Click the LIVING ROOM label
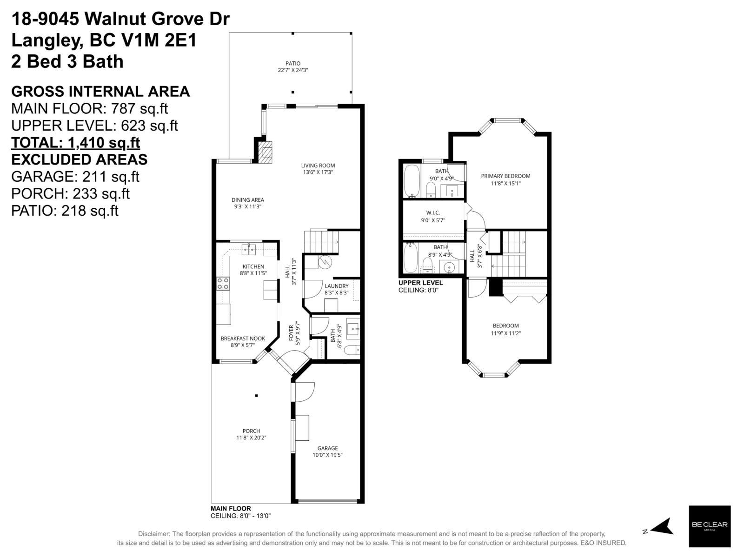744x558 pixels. (318, 166)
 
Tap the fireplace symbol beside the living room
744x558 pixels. (266, 152)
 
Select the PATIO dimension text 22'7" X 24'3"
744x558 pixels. (292, 70)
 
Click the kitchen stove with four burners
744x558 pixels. (223, 283)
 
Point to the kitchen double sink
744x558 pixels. (248, 250)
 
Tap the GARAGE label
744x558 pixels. (327, 448)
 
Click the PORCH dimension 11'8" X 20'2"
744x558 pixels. (251, 438)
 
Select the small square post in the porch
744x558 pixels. (256, 396)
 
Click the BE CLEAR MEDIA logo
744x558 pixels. (709, 526)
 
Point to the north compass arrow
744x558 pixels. (662, 527)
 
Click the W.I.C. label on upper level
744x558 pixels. (433, 213)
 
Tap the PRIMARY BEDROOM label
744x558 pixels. (505, 176)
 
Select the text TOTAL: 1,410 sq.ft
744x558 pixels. (75, 142)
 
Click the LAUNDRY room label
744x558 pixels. (336, 286)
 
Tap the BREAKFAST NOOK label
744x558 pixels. (243, 339)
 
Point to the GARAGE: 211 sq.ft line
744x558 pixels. (75, 177)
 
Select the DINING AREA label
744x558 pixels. (248, 200)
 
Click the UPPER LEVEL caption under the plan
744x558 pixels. (420, 283)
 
